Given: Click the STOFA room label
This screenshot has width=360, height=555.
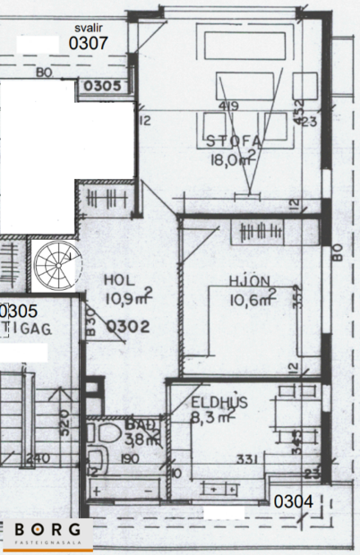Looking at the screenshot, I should tap(232, 141).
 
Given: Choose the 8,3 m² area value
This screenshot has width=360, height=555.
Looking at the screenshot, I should tap(211, 416).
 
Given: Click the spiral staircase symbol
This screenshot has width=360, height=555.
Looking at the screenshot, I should tap(56, 264).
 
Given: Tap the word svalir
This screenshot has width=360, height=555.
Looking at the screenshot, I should tap(88, 27).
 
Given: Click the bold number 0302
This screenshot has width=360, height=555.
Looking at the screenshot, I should tap(127, 327).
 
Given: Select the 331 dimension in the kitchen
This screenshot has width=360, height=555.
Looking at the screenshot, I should tap(248, 459).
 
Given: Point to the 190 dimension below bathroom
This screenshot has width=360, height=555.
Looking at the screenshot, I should tap(131, 459).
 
